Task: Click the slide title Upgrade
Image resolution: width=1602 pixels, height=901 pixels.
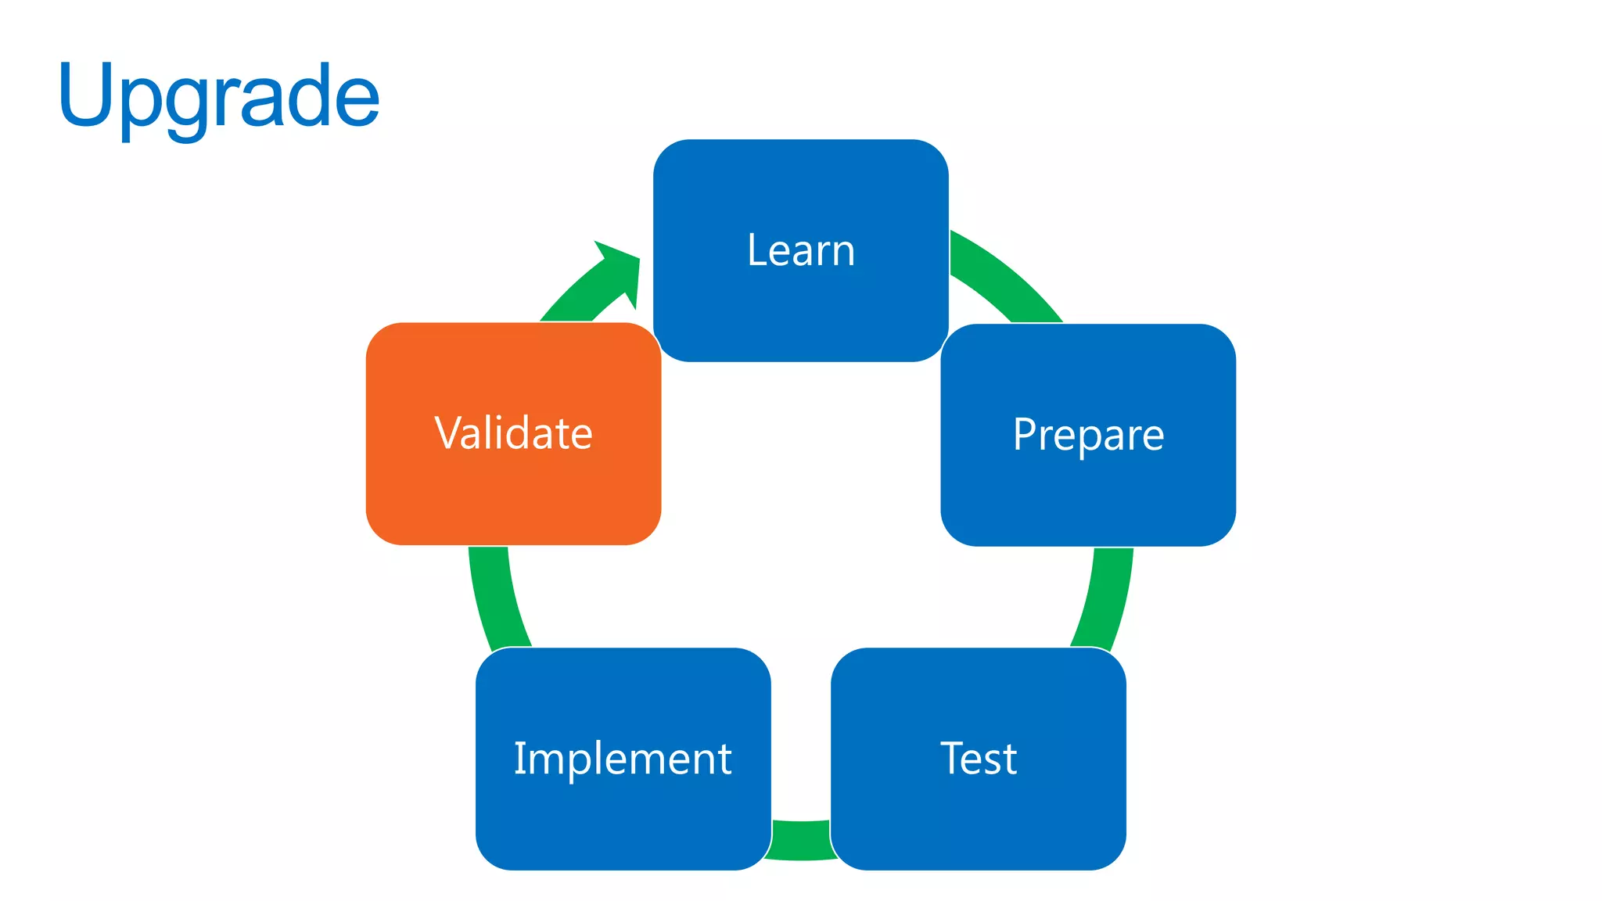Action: point(219,97)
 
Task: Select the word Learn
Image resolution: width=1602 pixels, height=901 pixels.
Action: point(801,251)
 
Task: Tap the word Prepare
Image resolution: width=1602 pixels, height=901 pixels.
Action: point(1088,435)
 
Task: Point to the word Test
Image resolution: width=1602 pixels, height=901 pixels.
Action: point(979,759)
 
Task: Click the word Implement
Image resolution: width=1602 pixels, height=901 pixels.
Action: point(623,759)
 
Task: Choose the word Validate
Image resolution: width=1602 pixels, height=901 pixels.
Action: point(513,433)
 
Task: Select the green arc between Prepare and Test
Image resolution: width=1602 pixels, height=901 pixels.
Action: point(1106,598)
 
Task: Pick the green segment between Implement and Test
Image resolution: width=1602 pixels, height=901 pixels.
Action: point(801,840)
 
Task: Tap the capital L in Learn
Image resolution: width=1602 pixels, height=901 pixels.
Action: point(754,251)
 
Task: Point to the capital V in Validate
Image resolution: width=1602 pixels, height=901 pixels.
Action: point(451,433)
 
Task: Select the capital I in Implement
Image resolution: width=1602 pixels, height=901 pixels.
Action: point(518,758)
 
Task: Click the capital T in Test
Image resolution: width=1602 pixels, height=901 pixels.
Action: point(954,758)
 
